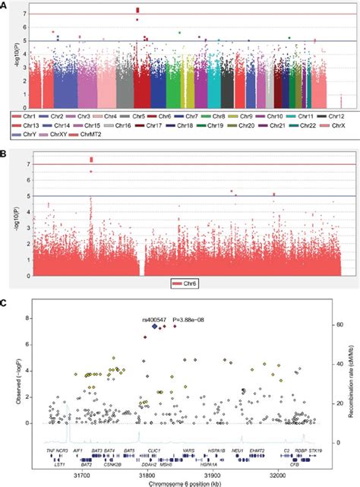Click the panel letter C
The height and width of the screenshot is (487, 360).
click(x=5, y=305)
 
